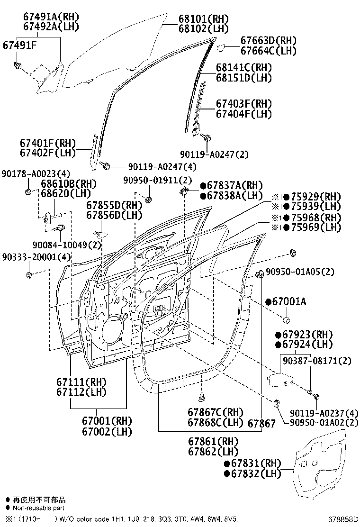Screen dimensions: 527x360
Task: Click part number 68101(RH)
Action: [x=203, y=19]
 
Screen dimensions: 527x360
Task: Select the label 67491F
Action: [x=20, y=45]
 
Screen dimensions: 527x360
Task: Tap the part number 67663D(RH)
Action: [x=268, y=41]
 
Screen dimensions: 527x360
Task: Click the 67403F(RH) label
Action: [x=244, y=104]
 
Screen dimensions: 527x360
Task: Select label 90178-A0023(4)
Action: [x=29, y=173]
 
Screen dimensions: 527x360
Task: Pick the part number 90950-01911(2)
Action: [x=158, y=180]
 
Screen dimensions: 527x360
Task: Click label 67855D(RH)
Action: [x=114, y=205]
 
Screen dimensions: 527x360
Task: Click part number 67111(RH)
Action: [x=81, y=382]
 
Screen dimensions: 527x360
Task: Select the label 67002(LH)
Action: [x=107, y=432]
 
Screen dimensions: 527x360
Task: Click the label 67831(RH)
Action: [x=256, y=463]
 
